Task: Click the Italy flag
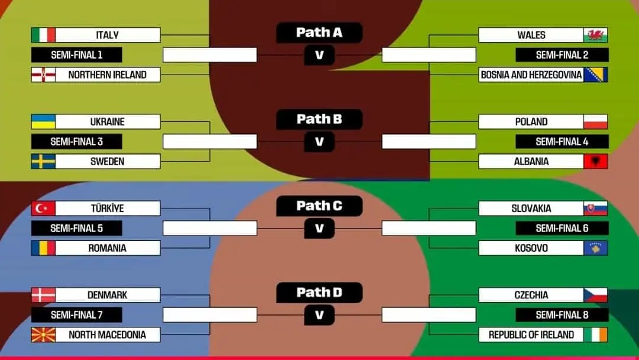tap(43, 35)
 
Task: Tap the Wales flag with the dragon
tap(595, 35)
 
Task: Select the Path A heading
tap(319, 33)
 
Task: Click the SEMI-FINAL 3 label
tap(76, 142)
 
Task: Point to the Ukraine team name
tap(107, 122)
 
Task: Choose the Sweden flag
tap(43, 161)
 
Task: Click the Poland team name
tap(531, 122)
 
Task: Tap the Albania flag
tap(595, 161)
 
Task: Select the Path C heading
tap(319, 206)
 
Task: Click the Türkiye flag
tap(43, 208)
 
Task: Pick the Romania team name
tap(107, 248)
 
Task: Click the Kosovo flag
tap(595, 248)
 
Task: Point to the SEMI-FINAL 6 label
tap(561, 229)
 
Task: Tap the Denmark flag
tap(43, 295)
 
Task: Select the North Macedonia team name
tap(107, 335)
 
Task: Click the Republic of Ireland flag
tap(595, 335)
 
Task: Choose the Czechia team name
tap(531, 295)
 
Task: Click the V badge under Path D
tap(319, 315)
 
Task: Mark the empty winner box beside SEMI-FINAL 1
tap(209, 55)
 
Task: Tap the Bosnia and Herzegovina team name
tap(531, 75)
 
